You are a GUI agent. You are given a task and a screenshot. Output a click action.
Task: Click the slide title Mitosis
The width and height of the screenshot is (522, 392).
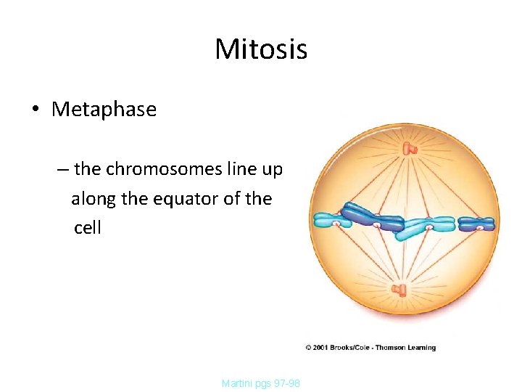click(261, 50)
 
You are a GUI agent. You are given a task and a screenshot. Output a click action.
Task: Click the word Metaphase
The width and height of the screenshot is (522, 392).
click(104, 110)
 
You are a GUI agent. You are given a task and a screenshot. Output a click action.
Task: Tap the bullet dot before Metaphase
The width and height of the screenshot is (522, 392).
click(35, 110)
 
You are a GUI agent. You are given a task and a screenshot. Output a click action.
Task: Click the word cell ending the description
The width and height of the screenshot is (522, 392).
click(87, 228)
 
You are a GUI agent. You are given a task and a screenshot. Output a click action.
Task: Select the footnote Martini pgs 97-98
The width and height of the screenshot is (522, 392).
click(261, 383)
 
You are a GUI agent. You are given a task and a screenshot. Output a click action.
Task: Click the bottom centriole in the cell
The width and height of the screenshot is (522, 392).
click(400, 291)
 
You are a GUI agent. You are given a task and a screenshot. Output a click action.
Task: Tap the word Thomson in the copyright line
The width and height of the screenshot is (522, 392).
click(390, 348)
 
